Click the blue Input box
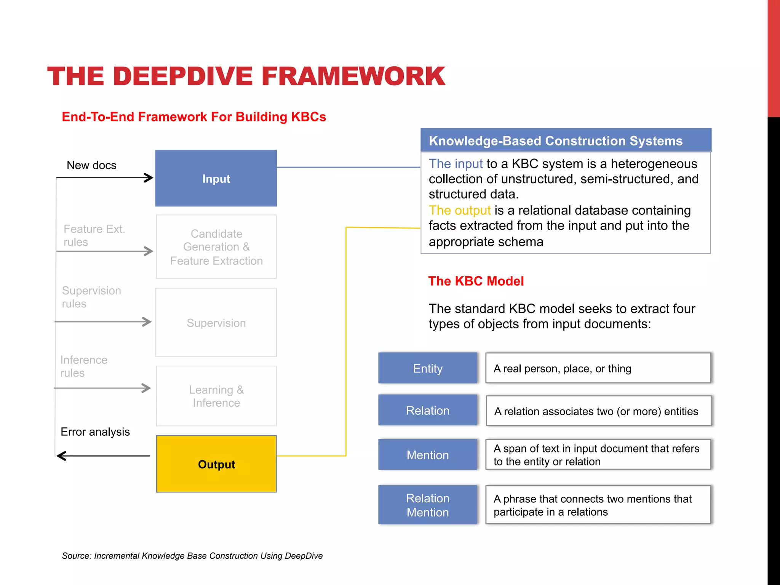coord(216,178)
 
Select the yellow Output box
coord(216,464)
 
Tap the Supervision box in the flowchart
coord(216,323)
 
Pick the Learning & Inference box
coord(216,396)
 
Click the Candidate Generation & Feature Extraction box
coord(216,247)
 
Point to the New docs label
coord(91,165)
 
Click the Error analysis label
coord(95,432)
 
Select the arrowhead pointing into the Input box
coord(149,177)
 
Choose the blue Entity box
coord(427,368)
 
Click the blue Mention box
coord(427,455)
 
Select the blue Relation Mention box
coord(427,505)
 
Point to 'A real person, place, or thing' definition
coord(562,369)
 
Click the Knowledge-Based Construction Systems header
coord(555,141)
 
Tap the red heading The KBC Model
coord(476,281)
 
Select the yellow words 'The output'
coord(459,210)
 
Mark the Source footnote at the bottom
coord(192,556)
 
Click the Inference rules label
coord(84,366)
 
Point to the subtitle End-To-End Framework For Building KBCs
coord(194,117)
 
